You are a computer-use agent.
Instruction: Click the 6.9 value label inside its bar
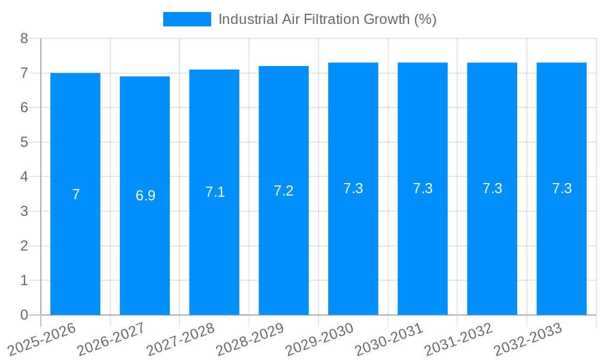point(145,196)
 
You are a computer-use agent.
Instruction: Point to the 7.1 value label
point(215,192)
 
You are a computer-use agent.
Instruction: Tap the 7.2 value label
point(284,191)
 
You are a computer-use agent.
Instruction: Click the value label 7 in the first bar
point(76,194)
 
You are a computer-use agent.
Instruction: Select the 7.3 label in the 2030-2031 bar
point(423,188)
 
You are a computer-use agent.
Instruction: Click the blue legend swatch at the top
point(187,19)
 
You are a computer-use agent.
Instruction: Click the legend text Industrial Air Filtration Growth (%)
point(327,19)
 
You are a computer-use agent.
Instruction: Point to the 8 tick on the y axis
point(24,39)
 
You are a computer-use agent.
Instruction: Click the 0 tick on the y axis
point(24,315)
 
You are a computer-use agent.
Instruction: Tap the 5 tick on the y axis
point(24,142)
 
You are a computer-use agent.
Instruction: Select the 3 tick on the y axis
point(24,211)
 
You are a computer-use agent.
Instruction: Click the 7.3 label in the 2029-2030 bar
point(353,188)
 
